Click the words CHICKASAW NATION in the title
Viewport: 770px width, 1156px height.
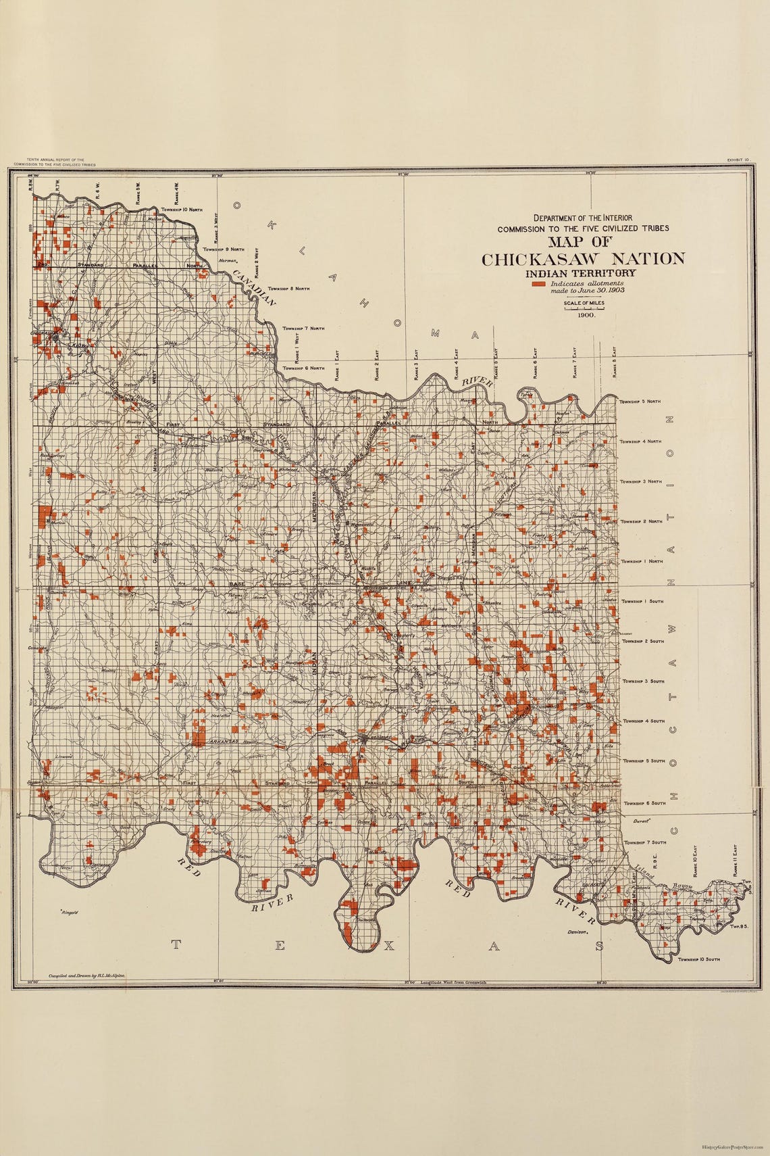coord(583,259)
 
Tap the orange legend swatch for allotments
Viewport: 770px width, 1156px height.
coord(538,285)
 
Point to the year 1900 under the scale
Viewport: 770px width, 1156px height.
coord(585,315)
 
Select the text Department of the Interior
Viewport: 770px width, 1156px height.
coord(583,218)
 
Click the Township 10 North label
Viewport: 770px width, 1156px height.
coord(178,210)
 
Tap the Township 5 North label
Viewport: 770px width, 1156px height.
coord(640,402)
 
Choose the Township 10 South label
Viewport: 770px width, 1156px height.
coord(699,959)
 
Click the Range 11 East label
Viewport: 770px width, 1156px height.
coord(735,859)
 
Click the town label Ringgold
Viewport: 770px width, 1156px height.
coord(70,912)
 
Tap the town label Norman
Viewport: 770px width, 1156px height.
coord(228,261)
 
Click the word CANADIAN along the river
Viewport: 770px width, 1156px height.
coord(254,288)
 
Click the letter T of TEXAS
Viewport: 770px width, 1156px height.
coord(176,945)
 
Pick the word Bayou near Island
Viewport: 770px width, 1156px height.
coord(684,886)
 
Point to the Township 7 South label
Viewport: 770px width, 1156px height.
coord(645,842)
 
